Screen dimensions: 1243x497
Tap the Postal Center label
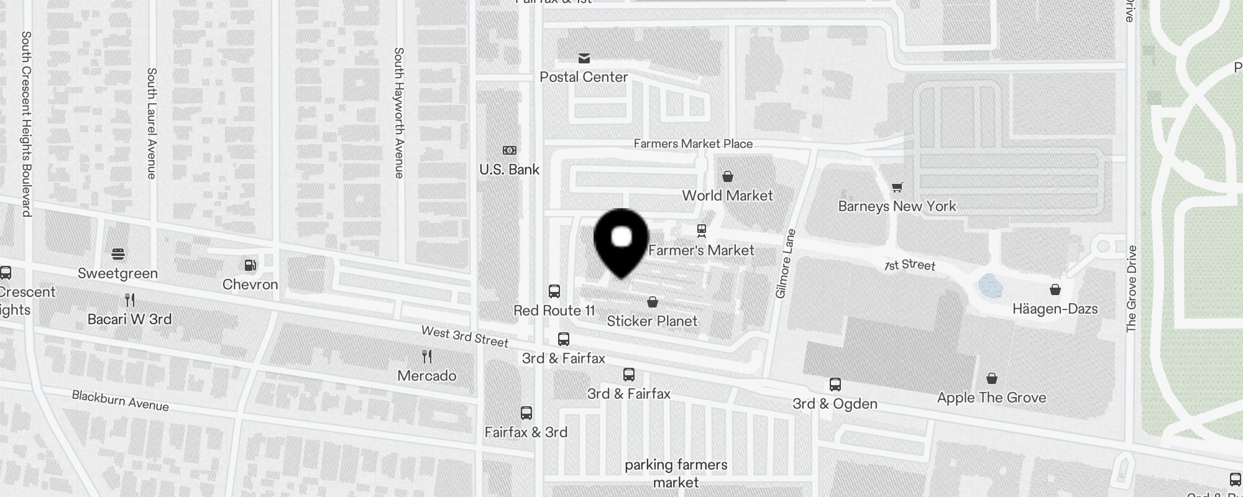584,77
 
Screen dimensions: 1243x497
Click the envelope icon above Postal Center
584,58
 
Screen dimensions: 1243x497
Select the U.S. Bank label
509,170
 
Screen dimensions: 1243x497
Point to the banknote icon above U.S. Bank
509,150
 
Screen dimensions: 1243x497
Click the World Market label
727,196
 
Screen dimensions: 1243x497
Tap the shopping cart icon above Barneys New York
897,187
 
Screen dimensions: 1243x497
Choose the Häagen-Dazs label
1055,309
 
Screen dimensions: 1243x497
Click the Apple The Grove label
991,398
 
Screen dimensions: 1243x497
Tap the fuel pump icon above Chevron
250,266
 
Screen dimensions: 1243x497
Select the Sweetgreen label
117,273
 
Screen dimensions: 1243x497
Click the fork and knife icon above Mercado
426,357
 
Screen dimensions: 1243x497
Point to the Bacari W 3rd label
129,319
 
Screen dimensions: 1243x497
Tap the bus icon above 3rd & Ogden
835,385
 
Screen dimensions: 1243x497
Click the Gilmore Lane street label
786,263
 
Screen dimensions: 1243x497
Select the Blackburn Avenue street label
120,401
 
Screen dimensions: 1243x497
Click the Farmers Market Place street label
693,144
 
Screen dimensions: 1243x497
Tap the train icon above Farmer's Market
702,231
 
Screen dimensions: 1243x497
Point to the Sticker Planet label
652,321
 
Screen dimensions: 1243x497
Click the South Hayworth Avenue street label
399,113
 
